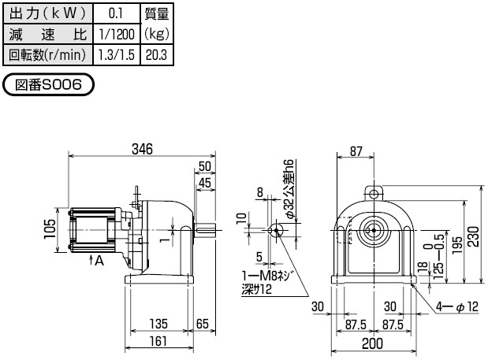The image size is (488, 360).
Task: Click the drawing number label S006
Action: tap(49, 84)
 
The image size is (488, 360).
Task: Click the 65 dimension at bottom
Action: tap(201, 324)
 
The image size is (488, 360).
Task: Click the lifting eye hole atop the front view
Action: tap(373, 192)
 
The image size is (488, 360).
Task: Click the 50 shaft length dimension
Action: tap(205, 166)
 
